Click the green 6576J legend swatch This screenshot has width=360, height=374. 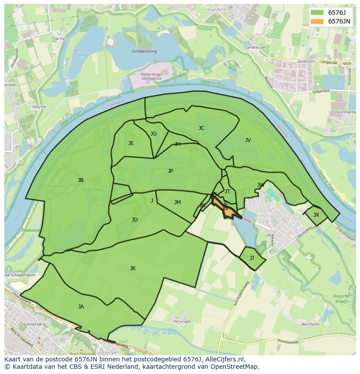(x=317, y=13)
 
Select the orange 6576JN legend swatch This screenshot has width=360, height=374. (x=317, y=21)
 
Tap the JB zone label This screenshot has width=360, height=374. (x=80, y=180)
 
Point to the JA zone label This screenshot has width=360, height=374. (x=81, y=307)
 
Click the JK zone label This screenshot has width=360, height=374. (x=133, y=268)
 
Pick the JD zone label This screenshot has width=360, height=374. (x=135, y=220)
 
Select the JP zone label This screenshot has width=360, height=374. (x=170, y=171)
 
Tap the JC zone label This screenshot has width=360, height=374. (x=201, y=128)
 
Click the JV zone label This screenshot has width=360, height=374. (x=248, y=140)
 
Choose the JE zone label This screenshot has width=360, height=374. (x=131, y=143)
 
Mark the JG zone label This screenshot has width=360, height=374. (x=153, y=134)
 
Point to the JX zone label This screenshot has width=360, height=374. (x=316, y=215)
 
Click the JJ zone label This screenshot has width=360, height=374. (x=252, y=258)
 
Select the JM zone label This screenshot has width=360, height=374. (x=177, y=202)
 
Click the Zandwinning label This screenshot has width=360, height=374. (x=144, y=51)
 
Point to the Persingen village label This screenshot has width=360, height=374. (x=182, y=321)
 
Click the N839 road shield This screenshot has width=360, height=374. (x=347, y=64)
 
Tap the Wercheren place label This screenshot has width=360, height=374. (x=311, y=324)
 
